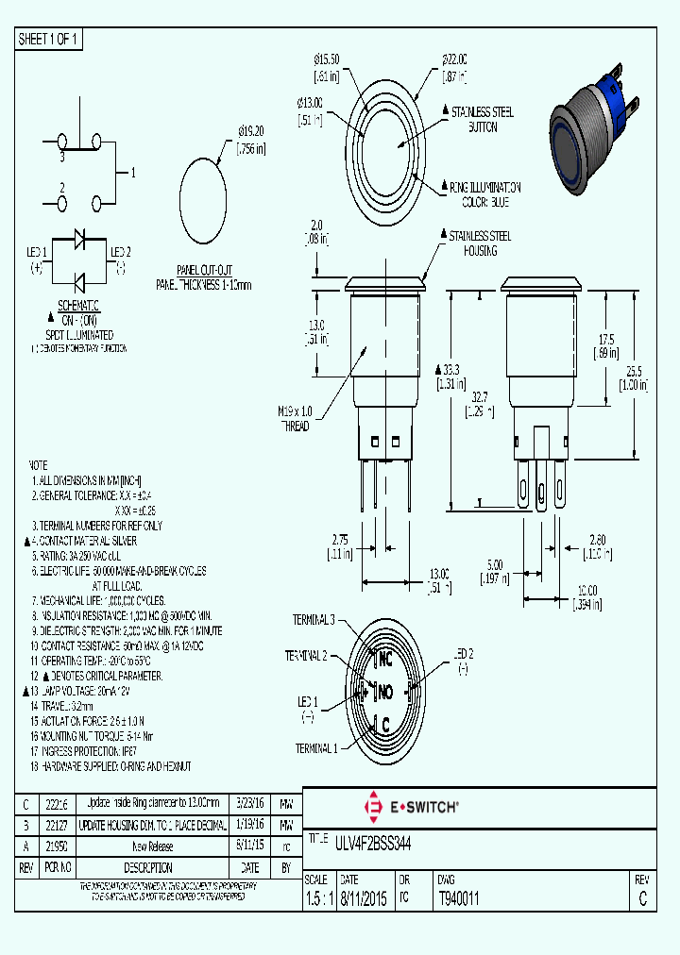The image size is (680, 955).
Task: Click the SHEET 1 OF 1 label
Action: click(x=48, y=39)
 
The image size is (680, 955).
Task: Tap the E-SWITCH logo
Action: click(x=411, y=808)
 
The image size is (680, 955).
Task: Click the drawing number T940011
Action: click(x=459, y=899)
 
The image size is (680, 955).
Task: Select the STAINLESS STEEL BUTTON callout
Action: click(x=483, y=119)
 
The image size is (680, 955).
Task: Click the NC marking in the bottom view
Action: click(x=385, y=659)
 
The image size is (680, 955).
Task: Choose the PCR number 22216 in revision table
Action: click(x=57, y=803)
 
